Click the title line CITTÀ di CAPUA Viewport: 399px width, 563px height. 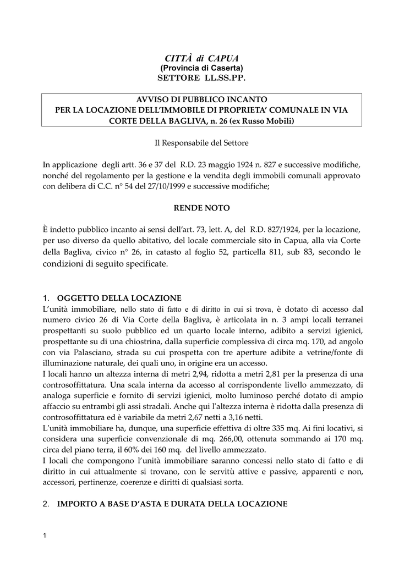(199, 58)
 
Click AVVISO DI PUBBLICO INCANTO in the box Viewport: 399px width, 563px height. (201, 100)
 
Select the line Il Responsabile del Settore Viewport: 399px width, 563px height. (201, 143)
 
